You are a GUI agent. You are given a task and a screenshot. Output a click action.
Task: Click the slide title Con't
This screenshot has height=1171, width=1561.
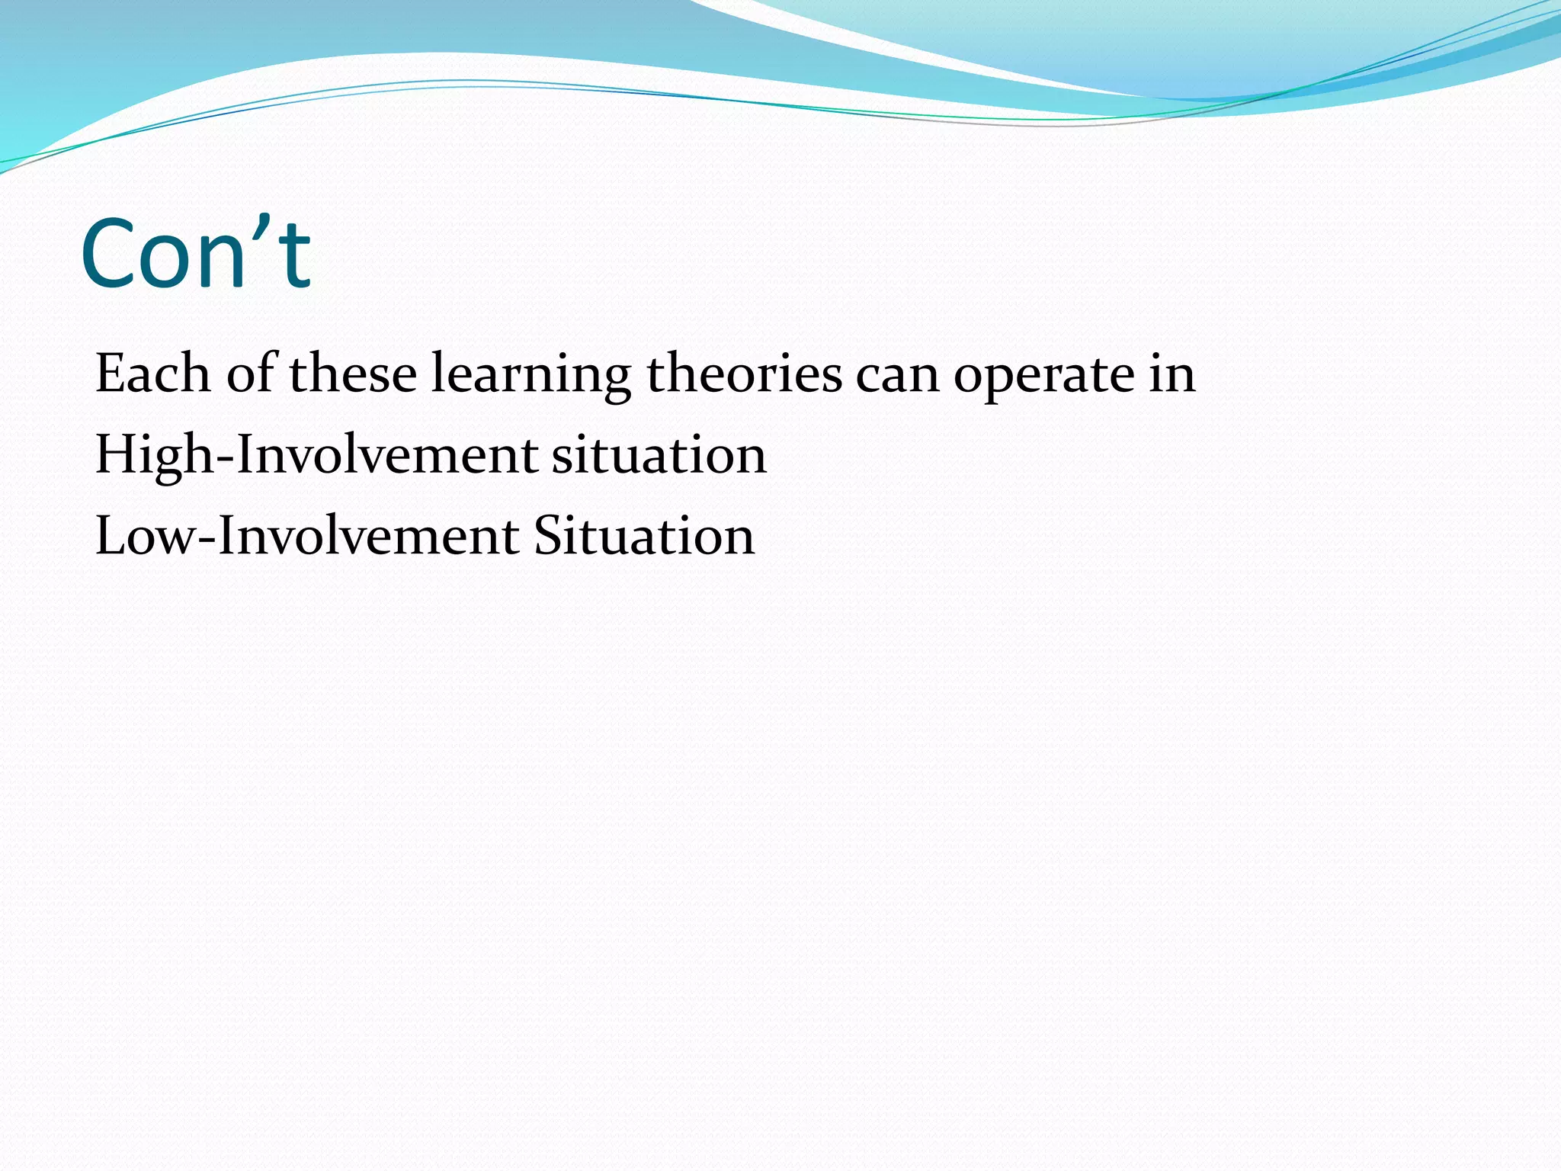(196, 254)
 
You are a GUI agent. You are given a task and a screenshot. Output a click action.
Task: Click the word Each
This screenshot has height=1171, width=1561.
(152, 374)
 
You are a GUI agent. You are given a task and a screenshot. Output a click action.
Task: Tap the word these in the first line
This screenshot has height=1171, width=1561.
(353, 374)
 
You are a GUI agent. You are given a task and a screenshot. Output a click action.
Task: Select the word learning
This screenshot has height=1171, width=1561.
(531, 375)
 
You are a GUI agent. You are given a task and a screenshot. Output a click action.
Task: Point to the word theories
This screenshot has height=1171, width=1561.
(744, 374)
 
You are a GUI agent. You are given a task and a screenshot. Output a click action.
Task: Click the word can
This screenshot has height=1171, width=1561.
(898, 375)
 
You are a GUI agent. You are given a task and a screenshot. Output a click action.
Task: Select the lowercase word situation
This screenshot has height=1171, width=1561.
(659, 455)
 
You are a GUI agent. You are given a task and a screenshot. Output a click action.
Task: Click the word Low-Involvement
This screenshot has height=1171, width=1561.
(306, 536)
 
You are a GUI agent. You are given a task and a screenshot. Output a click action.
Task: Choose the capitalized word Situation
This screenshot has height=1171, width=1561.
(643, 536)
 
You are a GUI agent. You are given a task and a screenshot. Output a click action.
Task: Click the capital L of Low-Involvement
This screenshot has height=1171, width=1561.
(111, 536)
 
